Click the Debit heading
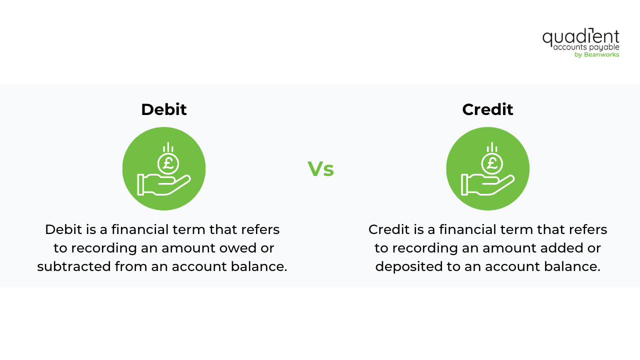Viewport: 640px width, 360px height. click(x=163, y=109)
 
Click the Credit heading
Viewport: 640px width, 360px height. click(x=487, y=109)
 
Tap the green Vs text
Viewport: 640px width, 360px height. click(x=320, y=169)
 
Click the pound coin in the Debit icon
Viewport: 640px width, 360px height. click(x=168, y=163)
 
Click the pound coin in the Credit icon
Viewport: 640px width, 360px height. click(x=492, y=163)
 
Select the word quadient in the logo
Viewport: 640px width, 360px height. click(x=580, y=37)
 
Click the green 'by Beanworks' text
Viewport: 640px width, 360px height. click(x=596, y=54)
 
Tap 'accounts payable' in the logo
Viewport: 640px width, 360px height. click(x=586, y=47)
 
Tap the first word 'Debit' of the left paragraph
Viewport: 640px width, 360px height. click(x=62, y=229)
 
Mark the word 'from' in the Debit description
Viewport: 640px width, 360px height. click(x=131, y=266)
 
